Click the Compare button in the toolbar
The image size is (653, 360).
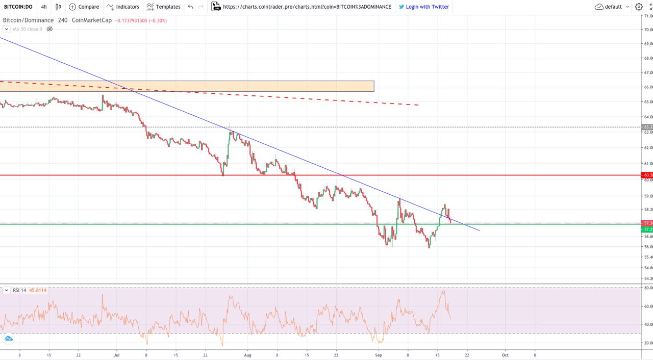point(84,7)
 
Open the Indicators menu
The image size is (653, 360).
point(123,7)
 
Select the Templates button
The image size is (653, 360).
point(163,7)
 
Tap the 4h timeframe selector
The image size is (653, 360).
point(44,7)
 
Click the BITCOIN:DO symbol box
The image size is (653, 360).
point(18,7)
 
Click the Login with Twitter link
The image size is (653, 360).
point(423,7)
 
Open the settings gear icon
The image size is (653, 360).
point(639,7)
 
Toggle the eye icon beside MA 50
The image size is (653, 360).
point(49,29)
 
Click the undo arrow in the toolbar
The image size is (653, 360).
point(190,7)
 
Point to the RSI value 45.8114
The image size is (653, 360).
point(38,290)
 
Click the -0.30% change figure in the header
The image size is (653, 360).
point(158,20)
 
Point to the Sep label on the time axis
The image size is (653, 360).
point(378,354)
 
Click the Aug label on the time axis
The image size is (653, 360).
point(248,354)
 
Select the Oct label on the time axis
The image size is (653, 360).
point(505,354)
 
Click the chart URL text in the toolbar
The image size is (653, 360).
point(307,7)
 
